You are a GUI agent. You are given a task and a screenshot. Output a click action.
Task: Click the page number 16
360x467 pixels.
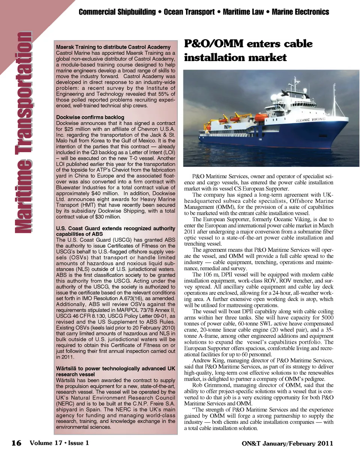pos(16,443)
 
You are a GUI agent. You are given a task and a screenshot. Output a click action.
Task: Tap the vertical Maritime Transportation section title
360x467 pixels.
pos(23,132)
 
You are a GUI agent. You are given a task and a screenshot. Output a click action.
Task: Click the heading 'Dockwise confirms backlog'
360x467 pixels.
pos(90,117)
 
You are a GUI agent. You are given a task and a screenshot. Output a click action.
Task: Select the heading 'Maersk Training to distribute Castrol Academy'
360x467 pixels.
pos(113,47)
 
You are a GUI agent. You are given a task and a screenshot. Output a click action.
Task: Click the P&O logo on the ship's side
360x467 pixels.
pos(227,127)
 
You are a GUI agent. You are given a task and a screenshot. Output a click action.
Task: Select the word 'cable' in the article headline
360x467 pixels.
pos(298,44)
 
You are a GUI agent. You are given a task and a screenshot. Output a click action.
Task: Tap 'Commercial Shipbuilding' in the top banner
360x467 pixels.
pos(117,12)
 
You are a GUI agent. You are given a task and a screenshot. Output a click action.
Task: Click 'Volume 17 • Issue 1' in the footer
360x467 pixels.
pos(59,443)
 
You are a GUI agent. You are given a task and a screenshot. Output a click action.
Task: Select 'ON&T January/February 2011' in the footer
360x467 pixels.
pos(287,444)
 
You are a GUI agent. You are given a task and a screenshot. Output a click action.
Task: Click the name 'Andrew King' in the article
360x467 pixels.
pos(207,361)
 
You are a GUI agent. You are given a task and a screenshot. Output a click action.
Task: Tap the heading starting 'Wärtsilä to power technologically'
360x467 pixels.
pos(115,368)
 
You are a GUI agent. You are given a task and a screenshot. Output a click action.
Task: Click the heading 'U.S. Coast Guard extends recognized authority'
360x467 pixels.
pos(115,228)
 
